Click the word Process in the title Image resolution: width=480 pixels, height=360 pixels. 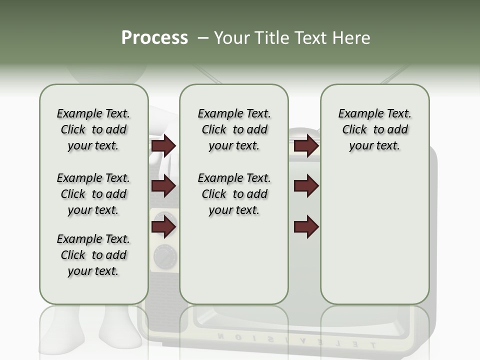154,38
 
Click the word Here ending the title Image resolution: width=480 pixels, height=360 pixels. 352,38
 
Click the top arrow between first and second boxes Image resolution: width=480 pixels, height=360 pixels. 163,146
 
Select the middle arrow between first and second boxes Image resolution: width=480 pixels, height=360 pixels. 163,186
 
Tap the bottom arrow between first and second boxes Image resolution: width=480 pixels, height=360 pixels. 163,227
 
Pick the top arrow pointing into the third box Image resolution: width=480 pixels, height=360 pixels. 306,146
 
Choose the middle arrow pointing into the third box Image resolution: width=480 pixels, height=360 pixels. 306,186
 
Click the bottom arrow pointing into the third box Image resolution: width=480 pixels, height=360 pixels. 306,227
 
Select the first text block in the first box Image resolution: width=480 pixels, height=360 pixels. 93,129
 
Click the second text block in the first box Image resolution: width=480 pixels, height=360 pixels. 93,194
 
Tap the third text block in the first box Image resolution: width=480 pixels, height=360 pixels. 93,255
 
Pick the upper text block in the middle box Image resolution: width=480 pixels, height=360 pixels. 234,129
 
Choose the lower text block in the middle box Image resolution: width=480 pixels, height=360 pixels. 234,194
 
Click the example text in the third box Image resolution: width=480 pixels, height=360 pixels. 374,129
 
